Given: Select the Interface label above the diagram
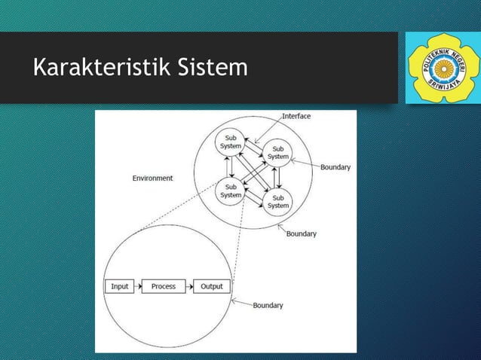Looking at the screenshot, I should click(296, 117).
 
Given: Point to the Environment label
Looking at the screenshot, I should click(152, 178).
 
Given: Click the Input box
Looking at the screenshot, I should click(119, 286).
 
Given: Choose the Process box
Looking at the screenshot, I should click(163, 286).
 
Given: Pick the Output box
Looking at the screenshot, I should click(212, 286).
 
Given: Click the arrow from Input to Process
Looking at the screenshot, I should click(138, 286).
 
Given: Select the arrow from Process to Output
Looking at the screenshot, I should click(189, 286).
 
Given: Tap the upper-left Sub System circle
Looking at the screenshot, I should click(230, 142).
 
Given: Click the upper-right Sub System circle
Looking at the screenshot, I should click(278, 152).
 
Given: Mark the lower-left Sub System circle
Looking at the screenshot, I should click(230, 191).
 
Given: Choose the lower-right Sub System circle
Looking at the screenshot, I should click(278, 201).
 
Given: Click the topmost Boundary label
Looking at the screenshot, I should click(335, 167).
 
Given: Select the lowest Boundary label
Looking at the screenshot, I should click(268, 306).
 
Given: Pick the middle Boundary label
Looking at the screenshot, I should click(301, 234).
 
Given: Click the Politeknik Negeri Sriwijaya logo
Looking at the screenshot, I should click(438, 68).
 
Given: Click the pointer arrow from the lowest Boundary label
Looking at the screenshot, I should click(240, 304).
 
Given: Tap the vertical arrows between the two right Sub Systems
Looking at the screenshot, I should click(278, 176).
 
